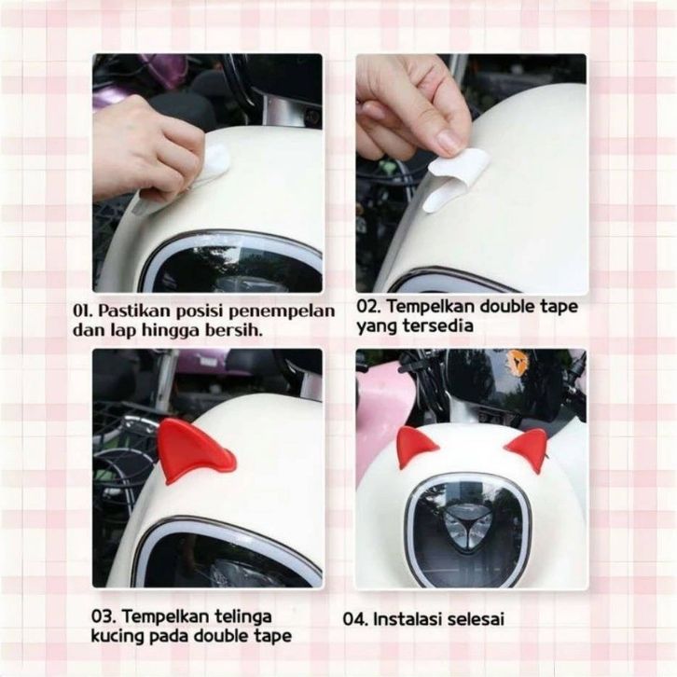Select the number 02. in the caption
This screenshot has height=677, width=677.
tap(369, 307)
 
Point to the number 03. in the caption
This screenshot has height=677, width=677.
tap(104, 616)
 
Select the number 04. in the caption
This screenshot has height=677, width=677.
tap(356, 619)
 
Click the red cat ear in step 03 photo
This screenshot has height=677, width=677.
tap(193, 451)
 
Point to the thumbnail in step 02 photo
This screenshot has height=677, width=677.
tap(449, 143)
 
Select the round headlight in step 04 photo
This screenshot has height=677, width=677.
tap(469, 531)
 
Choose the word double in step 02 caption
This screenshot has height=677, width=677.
tap(506, 307)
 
